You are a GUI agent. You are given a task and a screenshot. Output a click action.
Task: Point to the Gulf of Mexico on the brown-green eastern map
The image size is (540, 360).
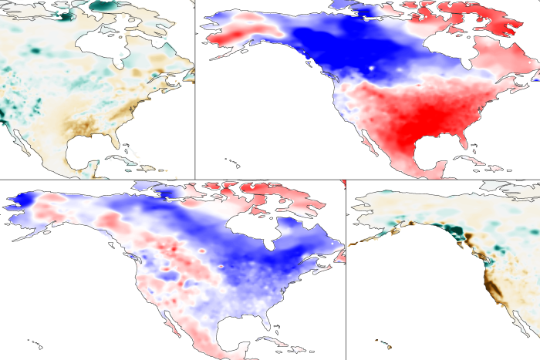click(x=89, y=150)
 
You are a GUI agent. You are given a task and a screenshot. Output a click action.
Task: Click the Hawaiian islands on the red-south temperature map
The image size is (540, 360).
click(x=229, y=161)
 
